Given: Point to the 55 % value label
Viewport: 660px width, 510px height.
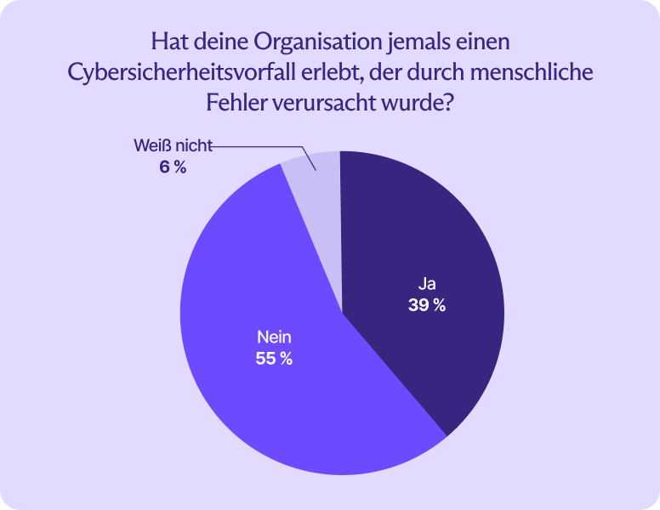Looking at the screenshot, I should [274, 359].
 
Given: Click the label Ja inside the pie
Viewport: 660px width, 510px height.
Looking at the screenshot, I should [426, 284].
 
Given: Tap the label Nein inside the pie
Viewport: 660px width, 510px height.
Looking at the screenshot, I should [274, 337].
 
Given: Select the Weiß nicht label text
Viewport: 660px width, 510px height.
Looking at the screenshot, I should [171, 145].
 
